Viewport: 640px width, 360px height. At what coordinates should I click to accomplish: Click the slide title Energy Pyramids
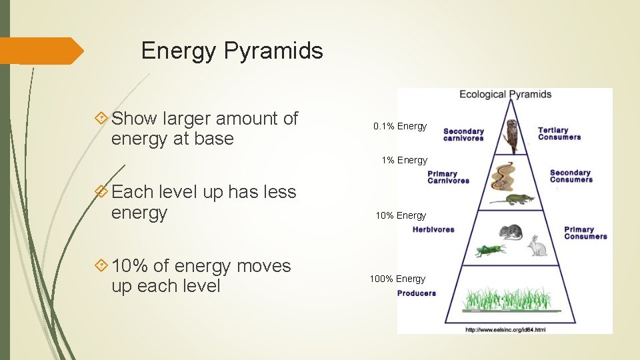coord(232,51)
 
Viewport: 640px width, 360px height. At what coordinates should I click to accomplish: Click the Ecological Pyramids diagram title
coord(505,94)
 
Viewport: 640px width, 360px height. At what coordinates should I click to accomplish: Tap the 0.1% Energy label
coord(400,126)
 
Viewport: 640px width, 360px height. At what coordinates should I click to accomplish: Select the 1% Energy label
coord(404,160)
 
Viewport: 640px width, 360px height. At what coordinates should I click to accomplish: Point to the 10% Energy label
coord(400,215)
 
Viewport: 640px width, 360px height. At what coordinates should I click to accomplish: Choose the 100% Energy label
coord(397,279)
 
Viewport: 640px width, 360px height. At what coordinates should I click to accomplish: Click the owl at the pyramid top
coord(511,136)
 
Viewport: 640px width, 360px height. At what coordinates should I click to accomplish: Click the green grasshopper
coord(490,250)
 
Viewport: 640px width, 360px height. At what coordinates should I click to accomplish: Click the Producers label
coord(417,293)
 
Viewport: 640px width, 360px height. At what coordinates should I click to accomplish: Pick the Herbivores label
coord(433,229)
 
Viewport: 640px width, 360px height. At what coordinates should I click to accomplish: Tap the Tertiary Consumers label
coord(559,133)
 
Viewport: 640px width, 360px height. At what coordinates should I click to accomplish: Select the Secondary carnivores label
coord(463,135)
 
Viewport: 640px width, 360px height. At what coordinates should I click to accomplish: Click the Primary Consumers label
coord(585,233)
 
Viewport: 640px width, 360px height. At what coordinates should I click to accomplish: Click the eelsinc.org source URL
coord(505,329)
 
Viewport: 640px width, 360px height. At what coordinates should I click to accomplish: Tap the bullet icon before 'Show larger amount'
coord(101,119)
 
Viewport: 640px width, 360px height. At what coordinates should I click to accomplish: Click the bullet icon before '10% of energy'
coord(101,266)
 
